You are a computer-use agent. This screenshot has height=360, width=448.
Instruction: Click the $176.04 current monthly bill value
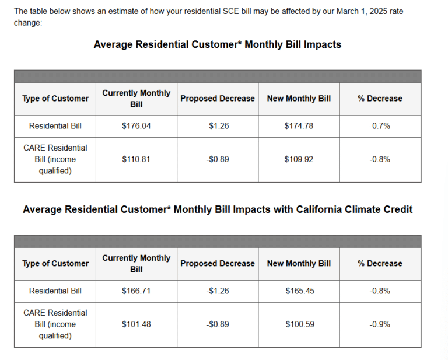[x=136, y=126]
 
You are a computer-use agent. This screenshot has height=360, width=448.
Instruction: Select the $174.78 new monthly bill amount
[x=299, y=126]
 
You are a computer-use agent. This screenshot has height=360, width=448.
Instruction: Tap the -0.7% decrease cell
[x=380, y=126]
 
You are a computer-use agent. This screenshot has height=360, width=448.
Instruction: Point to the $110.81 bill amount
[x=136, y=159]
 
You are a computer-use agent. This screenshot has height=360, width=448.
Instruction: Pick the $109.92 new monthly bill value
[x=299, y=159]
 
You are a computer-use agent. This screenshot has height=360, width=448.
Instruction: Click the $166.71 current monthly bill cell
[x=136, y=291]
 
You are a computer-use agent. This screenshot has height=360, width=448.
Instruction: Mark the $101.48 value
[x=136, y=324]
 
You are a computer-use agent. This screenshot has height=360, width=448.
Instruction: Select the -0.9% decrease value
[x=380, y=324]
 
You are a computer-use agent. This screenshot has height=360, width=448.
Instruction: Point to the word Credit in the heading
[x=397, y=209]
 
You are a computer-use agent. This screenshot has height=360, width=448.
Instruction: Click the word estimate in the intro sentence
[x=111, y=11]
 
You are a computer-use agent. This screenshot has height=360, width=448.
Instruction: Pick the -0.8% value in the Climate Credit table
[x=380, y=291]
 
